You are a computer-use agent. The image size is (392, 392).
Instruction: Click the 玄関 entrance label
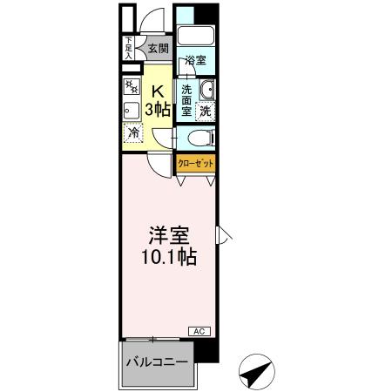coord(158,49)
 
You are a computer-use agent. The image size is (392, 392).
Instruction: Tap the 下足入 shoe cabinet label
coord(128,48)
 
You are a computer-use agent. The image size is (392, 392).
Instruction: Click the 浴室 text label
coord(194,61)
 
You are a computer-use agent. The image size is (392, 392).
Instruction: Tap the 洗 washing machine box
coord(205,111)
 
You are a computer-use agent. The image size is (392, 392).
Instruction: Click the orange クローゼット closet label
coord(195,163)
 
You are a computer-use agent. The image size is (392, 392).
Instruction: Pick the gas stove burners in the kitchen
coord(132,87)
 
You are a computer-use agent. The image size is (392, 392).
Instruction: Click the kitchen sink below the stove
coord(132,110)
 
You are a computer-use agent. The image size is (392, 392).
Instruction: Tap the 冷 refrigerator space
coord(133,134)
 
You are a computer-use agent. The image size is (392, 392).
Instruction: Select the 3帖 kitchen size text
coord(159,109)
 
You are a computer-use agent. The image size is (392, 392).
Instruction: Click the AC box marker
coord(199,332)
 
